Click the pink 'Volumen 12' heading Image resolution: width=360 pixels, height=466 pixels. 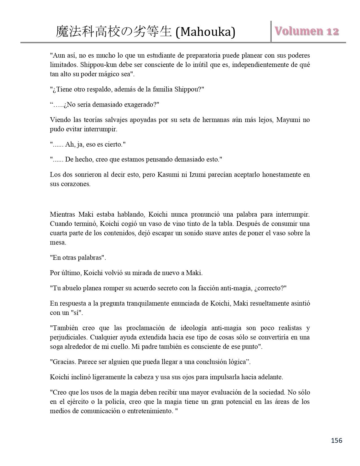click(x=307, y=31)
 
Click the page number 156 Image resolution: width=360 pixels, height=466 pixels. click(x=336, y=440)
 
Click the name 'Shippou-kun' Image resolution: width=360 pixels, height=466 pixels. click(x=97, y=65)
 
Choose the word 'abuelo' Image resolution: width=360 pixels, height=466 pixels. click(x=70, y=288)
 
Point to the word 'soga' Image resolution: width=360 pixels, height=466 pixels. click(x=56, y=347)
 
